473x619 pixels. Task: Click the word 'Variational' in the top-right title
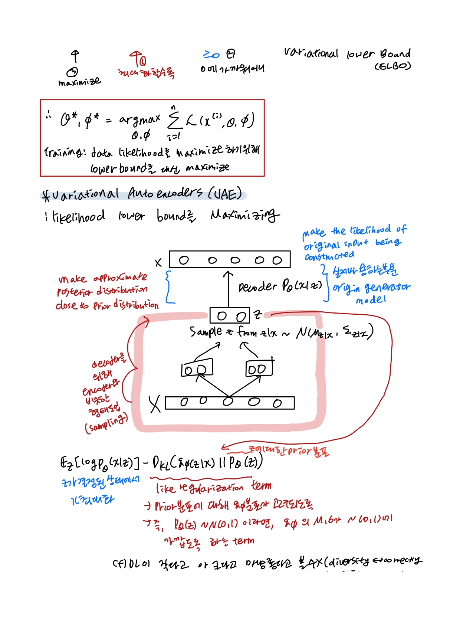point(311,53)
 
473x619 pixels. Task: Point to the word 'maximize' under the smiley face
point(79,82)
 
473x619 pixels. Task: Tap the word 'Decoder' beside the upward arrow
point(257,286)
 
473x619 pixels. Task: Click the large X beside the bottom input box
point(155,404)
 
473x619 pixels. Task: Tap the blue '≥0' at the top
point(211,55)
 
